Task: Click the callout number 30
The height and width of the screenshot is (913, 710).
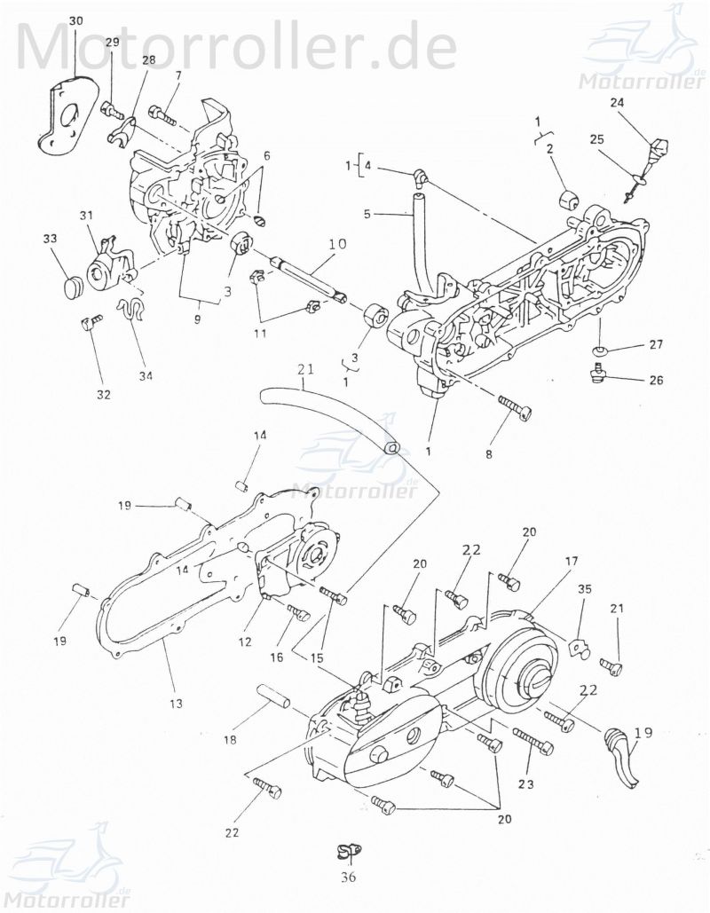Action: pos(75,20)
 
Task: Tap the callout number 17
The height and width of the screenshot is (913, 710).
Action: pos(571,561)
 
